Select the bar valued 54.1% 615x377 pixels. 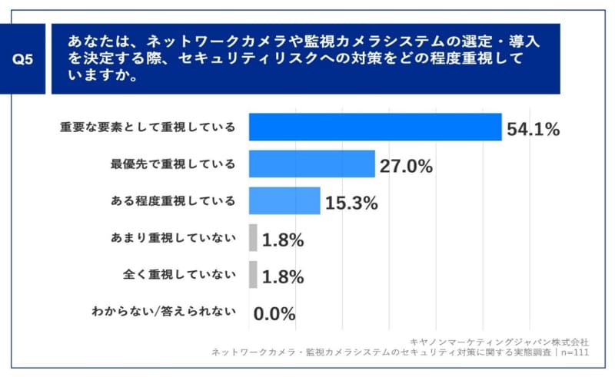tap(375, 127)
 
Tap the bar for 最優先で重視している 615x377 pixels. tap(311, 164)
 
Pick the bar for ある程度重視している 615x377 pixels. tap(284, 200)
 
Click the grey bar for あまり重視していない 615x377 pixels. tap(253, 238)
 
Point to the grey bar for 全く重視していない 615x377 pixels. tap(253, 275)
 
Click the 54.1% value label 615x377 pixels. tap(533, 129)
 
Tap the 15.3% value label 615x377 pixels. tap(351, 203)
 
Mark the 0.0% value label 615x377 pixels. tap(274, 314)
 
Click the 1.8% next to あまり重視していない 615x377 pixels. tap(283, 240)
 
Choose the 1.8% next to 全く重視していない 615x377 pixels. tap(283, 277)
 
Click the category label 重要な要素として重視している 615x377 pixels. tap(148, 127)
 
